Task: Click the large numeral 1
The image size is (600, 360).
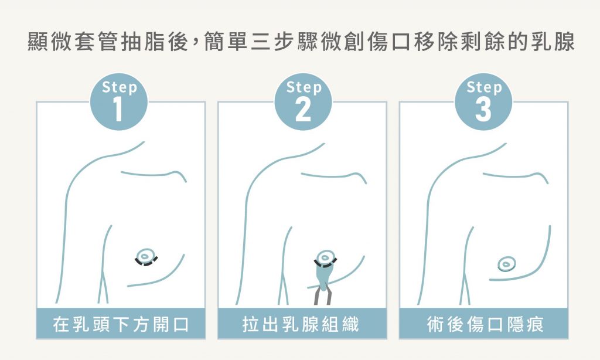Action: [119, 110]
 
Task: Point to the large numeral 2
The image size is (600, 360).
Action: [303, 110]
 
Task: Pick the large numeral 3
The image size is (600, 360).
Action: [483, 110]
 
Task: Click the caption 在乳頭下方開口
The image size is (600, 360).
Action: [121, 324]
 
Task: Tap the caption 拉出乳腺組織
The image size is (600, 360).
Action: [302, 324]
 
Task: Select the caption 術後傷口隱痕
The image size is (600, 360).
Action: [484, 324]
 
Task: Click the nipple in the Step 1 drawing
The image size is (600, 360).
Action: [144, 255]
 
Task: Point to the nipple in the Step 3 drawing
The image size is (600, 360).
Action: [506, 264]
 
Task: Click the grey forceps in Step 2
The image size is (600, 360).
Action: [323, 293]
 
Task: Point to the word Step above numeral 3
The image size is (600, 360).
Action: [484, 88]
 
